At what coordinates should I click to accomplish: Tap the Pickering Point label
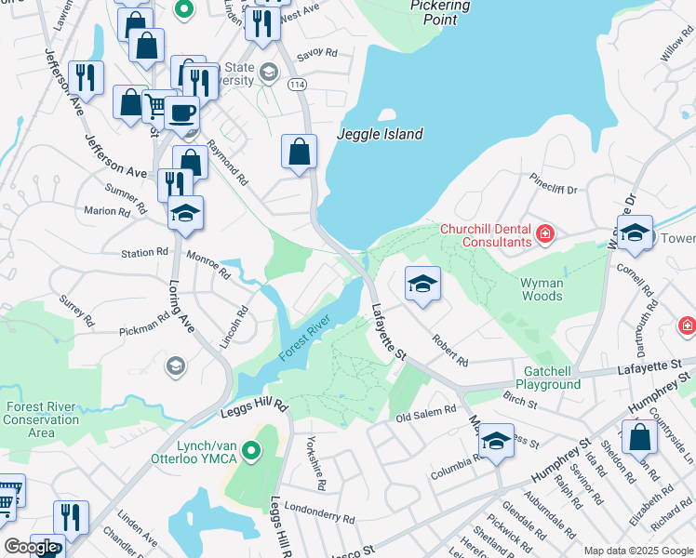(439, 12)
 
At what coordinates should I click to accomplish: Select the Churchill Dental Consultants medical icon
(545, 233)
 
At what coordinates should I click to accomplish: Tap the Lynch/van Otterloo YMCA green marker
(249, 451)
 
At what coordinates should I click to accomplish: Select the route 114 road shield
(296, 85)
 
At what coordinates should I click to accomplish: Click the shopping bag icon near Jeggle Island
(299, 153)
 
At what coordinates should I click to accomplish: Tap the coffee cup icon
(181, 113)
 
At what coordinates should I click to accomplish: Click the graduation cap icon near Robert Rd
(422, 284)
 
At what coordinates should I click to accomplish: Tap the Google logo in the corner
(31, 547)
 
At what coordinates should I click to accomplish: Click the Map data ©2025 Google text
(638, 551)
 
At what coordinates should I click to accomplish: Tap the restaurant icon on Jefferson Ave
(87, 78)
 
